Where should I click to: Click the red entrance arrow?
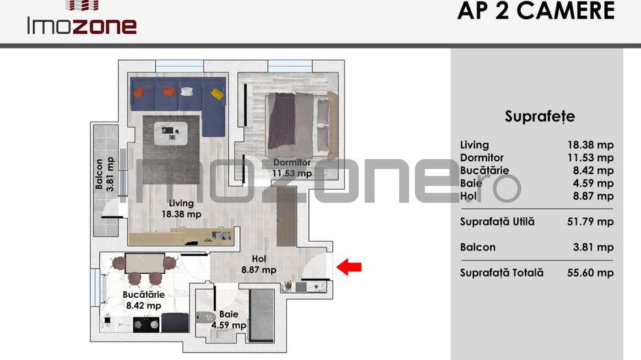[x=351, y=267]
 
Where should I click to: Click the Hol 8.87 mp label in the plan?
[x=258, y=264]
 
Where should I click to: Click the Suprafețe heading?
[x=539, y=116]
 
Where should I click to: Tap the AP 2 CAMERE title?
[x=536, y=12]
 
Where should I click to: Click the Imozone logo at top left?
[x=81, y=20]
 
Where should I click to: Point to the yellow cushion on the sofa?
[x=217, y=93]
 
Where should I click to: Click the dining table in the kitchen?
[x=144, y=263]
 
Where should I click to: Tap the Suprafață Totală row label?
[x=502, y=273]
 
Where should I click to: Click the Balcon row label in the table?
[x=478, y=247]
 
